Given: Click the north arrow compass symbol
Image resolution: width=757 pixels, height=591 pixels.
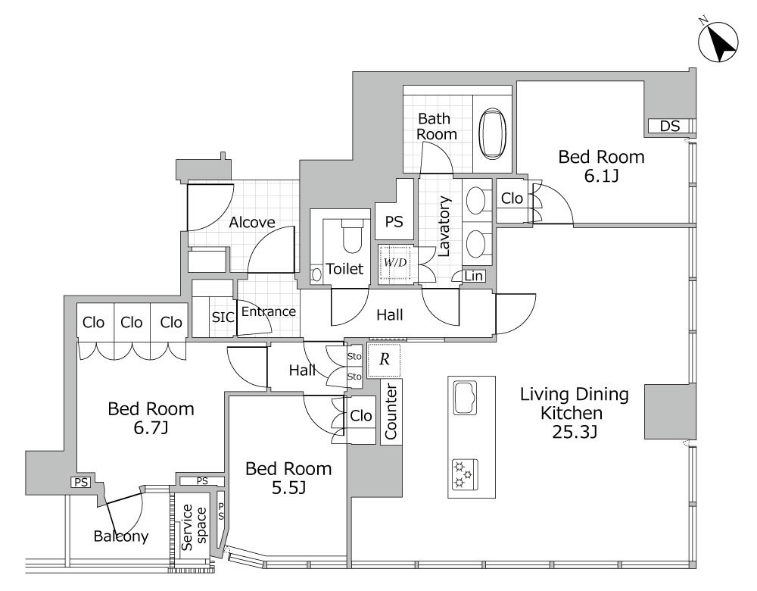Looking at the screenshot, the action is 719,42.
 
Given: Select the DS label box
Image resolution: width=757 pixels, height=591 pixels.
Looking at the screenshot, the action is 670,126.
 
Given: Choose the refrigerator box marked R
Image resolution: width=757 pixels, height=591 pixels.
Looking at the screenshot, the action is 384,360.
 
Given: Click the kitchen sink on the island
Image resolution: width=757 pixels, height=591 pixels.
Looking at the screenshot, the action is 465,397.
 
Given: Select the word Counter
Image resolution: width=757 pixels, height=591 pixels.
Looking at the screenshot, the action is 391,411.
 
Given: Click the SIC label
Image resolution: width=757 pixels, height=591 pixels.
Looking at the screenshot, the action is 223,317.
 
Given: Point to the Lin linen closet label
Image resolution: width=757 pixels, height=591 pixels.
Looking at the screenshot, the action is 474,276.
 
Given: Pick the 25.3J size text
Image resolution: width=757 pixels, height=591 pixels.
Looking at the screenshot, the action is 575,432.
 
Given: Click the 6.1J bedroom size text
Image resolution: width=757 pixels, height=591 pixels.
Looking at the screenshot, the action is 602,176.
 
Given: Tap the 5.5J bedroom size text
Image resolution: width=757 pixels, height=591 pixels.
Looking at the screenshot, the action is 288,488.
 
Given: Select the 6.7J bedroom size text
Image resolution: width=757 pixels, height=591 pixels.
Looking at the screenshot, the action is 151,428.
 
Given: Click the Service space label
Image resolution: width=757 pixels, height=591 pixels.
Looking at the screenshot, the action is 194,527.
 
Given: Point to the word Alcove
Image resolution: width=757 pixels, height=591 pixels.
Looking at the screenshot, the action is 251,222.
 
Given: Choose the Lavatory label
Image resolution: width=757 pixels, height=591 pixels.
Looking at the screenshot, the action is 443,226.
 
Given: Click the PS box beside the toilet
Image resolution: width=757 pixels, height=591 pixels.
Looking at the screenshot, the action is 394,222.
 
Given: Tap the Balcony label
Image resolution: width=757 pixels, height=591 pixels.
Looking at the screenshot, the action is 120,536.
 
